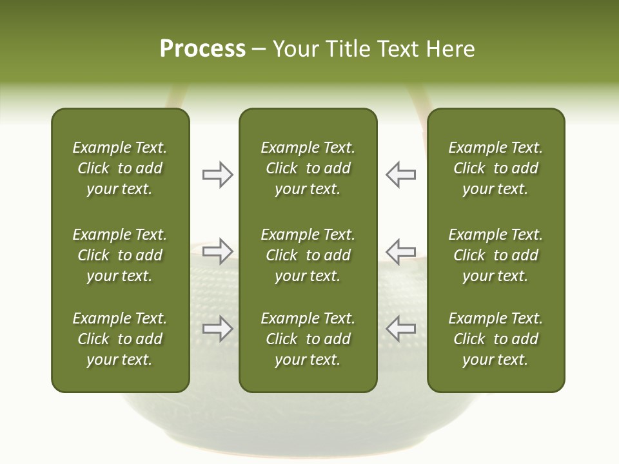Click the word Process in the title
[202, 49]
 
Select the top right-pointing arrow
[217, 175]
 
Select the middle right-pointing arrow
[217, 251]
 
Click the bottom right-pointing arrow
[217, 329]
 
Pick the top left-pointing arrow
[400, 175]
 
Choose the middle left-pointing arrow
[400, 251]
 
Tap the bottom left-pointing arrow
[400, 329]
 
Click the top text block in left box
[120, 168]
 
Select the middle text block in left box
[120, 255]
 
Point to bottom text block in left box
[120, 339]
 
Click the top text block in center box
[308, 168]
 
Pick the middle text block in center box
[308, 255]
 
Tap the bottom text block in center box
[308, 339]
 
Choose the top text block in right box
[495, 168]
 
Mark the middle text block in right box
[495, 255]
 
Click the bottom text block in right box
[495, 339]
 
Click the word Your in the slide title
[294, 49]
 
